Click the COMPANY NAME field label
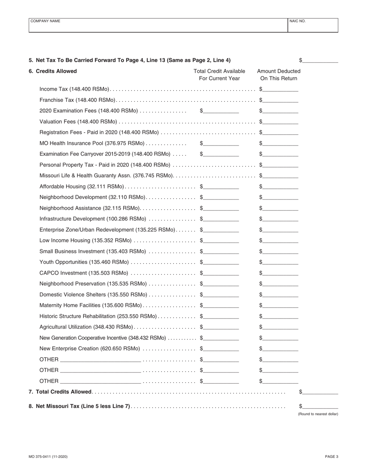coord(45,21)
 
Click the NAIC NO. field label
coord(297,21)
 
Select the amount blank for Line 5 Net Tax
coord(320,60)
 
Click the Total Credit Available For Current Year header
coord(219,75)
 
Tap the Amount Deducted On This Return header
coord(279,75)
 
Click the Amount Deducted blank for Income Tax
coord(280,89)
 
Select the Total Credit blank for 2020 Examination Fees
coord(221,111)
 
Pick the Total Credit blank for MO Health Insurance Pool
coord(221,144)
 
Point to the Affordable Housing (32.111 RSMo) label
coord(82,187)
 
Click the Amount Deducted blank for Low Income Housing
coord(280,241)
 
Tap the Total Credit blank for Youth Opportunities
coord(221,262)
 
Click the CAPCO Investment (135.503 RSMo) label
coord(84,273)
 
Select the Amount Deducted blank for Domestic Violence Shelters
coord(280,295)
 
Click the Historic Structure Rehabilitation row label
coord(98,316)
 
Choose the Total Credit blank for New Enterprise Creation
coord(221,349)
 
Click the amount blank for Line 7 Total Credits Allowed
coord(320,392)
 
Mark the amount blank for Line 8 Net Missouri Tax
coord(320,406)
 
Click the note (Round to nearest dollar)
coord(318,414)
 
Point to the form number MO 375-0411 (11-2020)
coord(48,457)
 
